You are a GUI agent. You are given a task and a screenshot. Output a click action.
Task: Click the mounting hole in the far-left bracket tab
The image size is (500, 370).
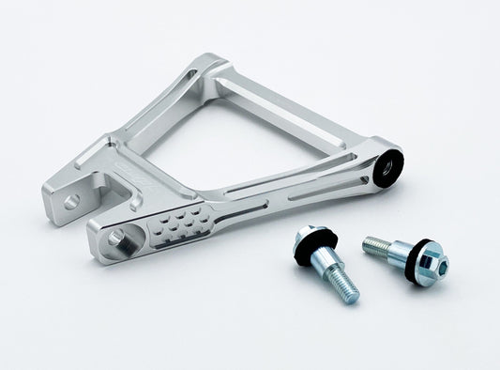(x=71, y=200)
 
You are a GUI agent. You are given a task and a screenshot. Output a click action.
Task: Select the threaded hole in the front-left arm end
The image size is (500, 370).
(x=115, y=238)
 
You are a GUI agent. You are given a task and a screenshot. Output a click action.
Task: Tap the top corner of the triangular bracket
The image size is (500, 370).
(x=209, y=68)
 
